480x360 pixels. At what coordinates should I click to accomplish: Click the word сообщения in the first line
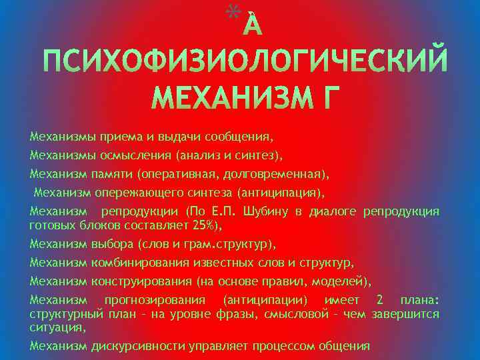239,137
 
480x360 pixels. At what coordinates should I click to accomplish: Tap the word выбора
109,244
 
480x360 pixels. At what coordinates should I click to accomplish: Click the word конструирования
137,281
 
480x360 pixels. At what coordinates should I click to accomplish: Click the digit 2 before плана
379,300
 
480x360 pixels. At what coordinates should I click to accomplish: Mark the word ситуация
56,327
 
